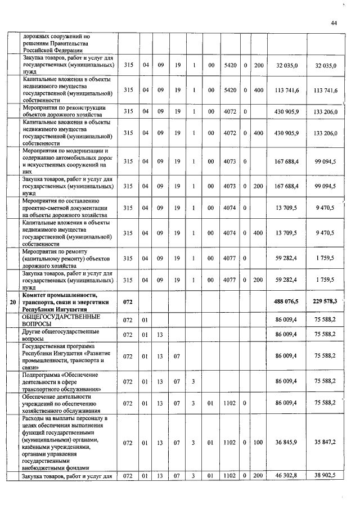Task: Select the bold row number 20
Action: click(x=13, y=303)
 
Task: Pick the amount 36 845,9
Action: click(x=287, y=443)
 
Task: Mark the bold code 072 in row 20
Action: click(x=128, y=303)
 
